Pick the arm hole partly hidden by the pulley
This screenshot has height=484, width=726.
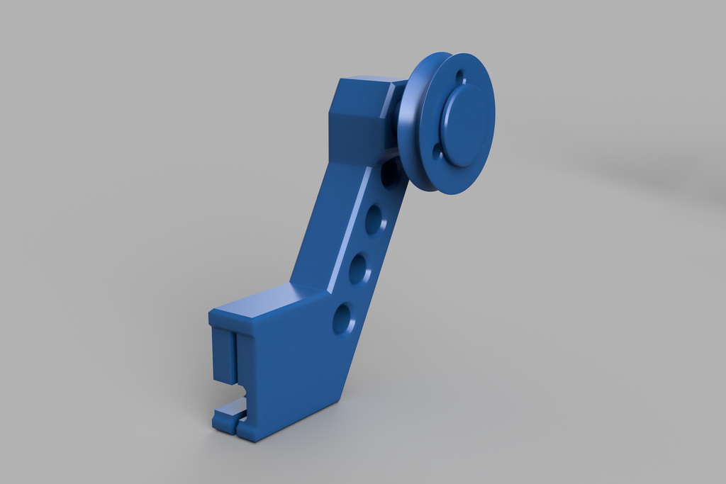click(389, 174)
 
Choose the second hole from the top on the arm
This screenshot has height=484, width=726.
click(374, 221)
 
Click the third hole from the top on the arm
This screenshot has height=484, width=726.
click(358, 269)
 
